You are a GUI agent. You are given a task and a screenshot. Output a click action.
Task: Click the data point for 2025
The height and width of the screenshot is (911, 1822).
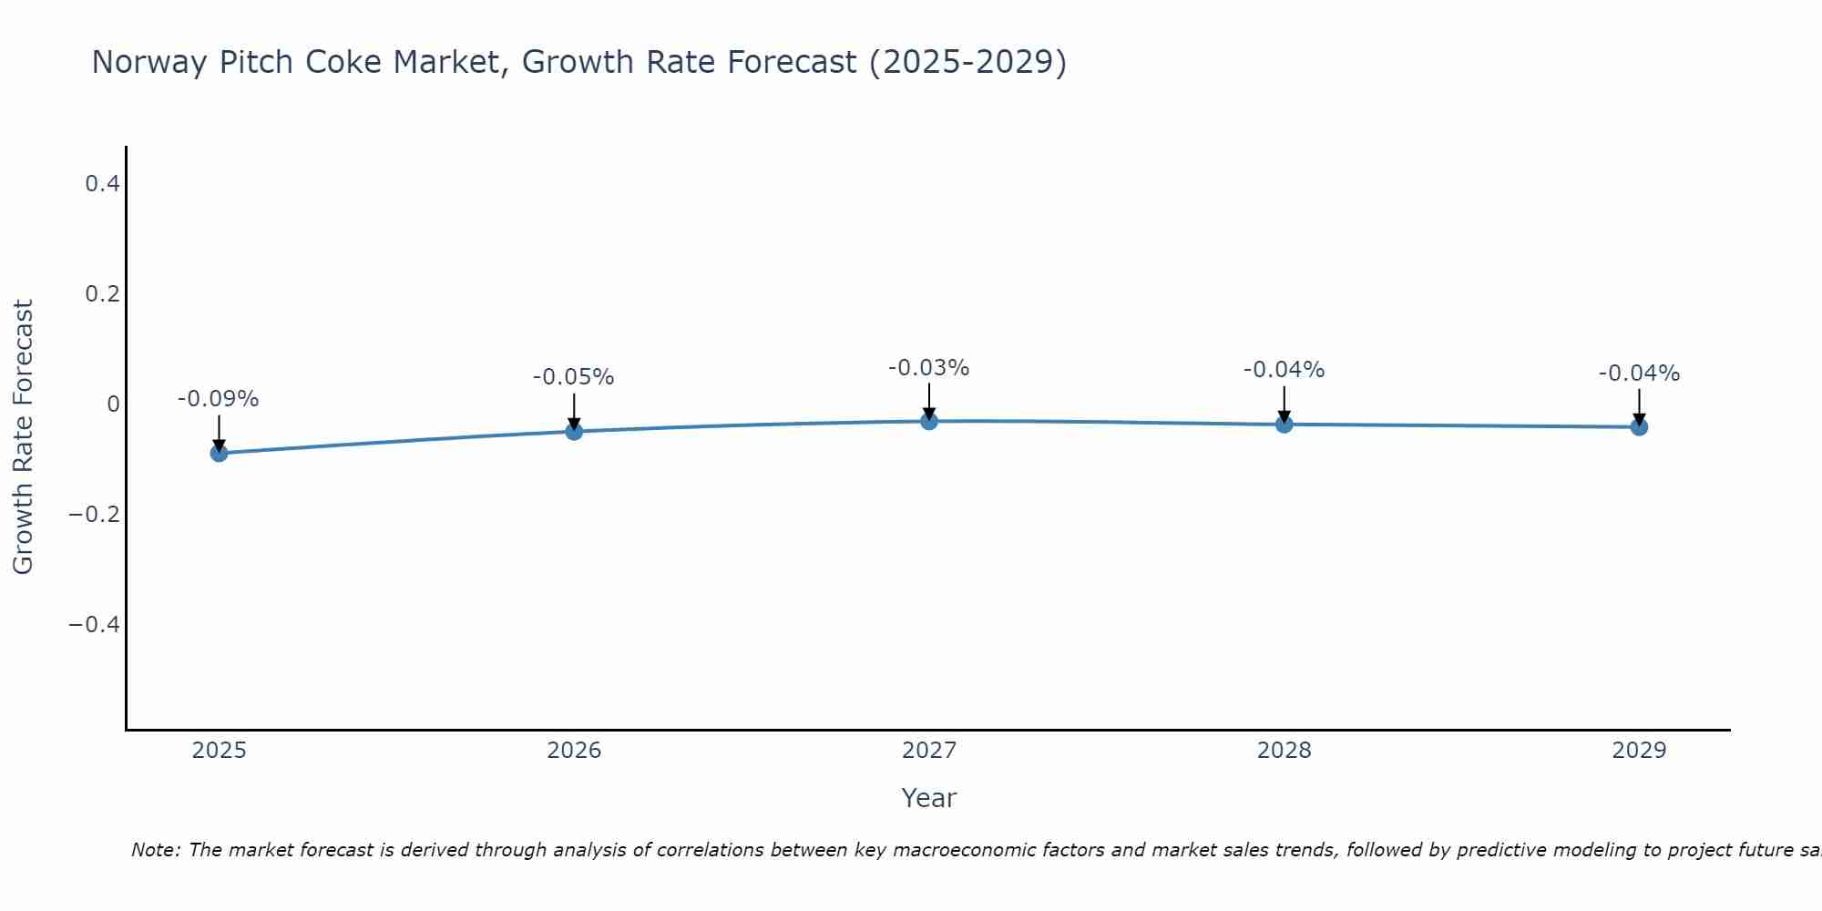coord(219,453)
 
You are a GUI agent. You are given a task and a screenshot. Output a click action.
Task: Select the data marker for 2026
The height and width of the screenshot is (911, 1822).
coord(574,431)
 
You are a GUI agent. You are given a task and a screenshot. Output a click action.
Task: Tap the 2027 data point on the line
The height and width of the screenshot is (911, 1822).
coord(929,421)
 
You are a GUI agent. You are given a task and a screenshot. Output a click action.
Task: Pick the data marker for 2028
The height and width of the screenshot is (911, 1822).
coord(1285,425)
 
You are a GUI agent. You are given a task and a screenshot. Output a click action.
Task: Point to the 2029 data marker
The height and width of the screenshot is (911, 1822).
coord(1639,426)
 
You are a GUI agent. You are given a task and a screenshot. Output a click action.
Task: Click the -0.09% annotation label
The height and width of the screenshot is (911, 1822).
coord(219,399)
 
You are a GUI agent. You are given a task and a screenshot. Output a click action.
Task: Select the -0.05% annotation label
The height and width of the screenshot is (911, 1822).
coord(574,377)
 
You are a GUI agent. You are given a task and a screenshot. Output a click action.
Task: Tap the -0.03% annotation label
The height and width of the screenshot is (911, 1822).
coord(929,368)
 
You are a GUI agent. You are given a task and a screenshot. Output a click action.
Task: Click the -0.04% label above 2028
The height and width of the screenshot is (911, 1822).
coord(1285,370)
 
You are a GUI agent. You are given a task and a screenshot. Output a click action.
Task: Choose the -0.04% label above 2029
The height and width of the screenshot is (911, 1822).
coord(1639,374)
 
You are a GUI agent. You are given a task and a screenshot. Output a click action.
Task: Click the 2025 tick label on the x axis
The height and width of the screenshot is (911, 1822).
coord(220,751)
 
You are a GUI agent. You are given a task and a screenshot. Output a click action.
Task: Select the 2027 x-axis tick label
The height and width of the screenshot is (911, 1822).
coord(929,751)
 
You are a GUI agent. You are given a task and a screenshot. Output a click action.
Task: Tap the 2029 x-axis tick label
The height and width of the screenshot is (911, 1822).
coord(1639,751)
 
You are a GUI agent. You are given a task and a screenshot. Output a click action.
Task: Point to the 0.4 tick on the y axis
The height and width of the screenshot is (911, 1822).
coord(102,184)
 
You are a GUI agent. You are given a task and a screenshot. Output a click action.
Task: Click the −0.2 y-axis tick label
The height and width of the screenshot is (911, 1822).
coord(94,515)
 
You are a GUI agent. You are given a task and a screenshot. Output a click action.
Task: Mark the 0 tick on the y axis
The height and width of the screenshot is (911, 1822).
coord(113,404)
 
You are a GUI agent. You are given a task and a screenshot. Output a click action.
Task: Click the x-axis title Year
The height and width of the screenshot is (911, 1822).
coord(929,798)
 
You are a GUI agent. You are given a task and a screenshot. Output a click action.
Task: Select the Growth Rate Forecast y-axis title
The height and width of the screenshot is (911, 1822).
coord(23,437)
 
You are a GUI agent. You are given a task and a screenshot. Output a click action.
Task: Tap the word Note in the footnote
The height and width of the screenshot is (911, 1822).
coord(154,850)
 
